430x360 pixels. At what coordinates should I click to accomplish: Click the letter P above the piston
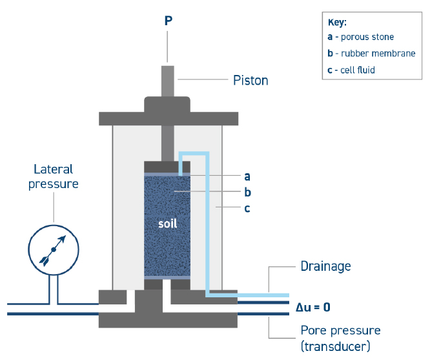(x=169, y=21)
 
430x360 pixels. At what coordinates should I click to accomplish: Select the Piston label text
(x=251, y=81)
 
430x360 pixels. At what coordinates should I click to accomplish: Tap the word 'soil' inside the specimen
(x=167, y=224)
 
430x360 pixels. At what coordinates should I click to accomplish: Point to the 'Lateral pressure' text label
(x=54, y=176)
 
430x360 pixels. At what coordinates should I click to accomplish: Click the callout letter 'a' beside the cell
(x=247, y=175)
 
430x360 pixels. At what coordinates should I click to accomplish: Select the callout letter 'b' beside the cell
(x=247, y=192)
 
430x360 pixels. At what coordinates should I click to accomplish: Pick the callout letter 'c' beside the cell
(x=247, y=209)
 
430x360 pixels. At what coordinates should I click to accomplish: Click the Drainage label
(x=325, y=266)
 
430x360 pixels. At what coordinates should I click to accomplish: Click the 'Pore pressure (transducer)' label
(x=340, y=337)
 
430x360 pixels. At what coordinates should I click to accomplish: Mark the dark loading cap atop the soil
(x=167, y=166)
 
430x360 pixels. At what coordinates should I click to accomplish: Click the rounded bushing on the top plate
(x=167, y=103)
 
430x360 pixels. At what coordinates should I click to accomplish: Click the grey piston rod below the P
(x=168, y=80)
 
